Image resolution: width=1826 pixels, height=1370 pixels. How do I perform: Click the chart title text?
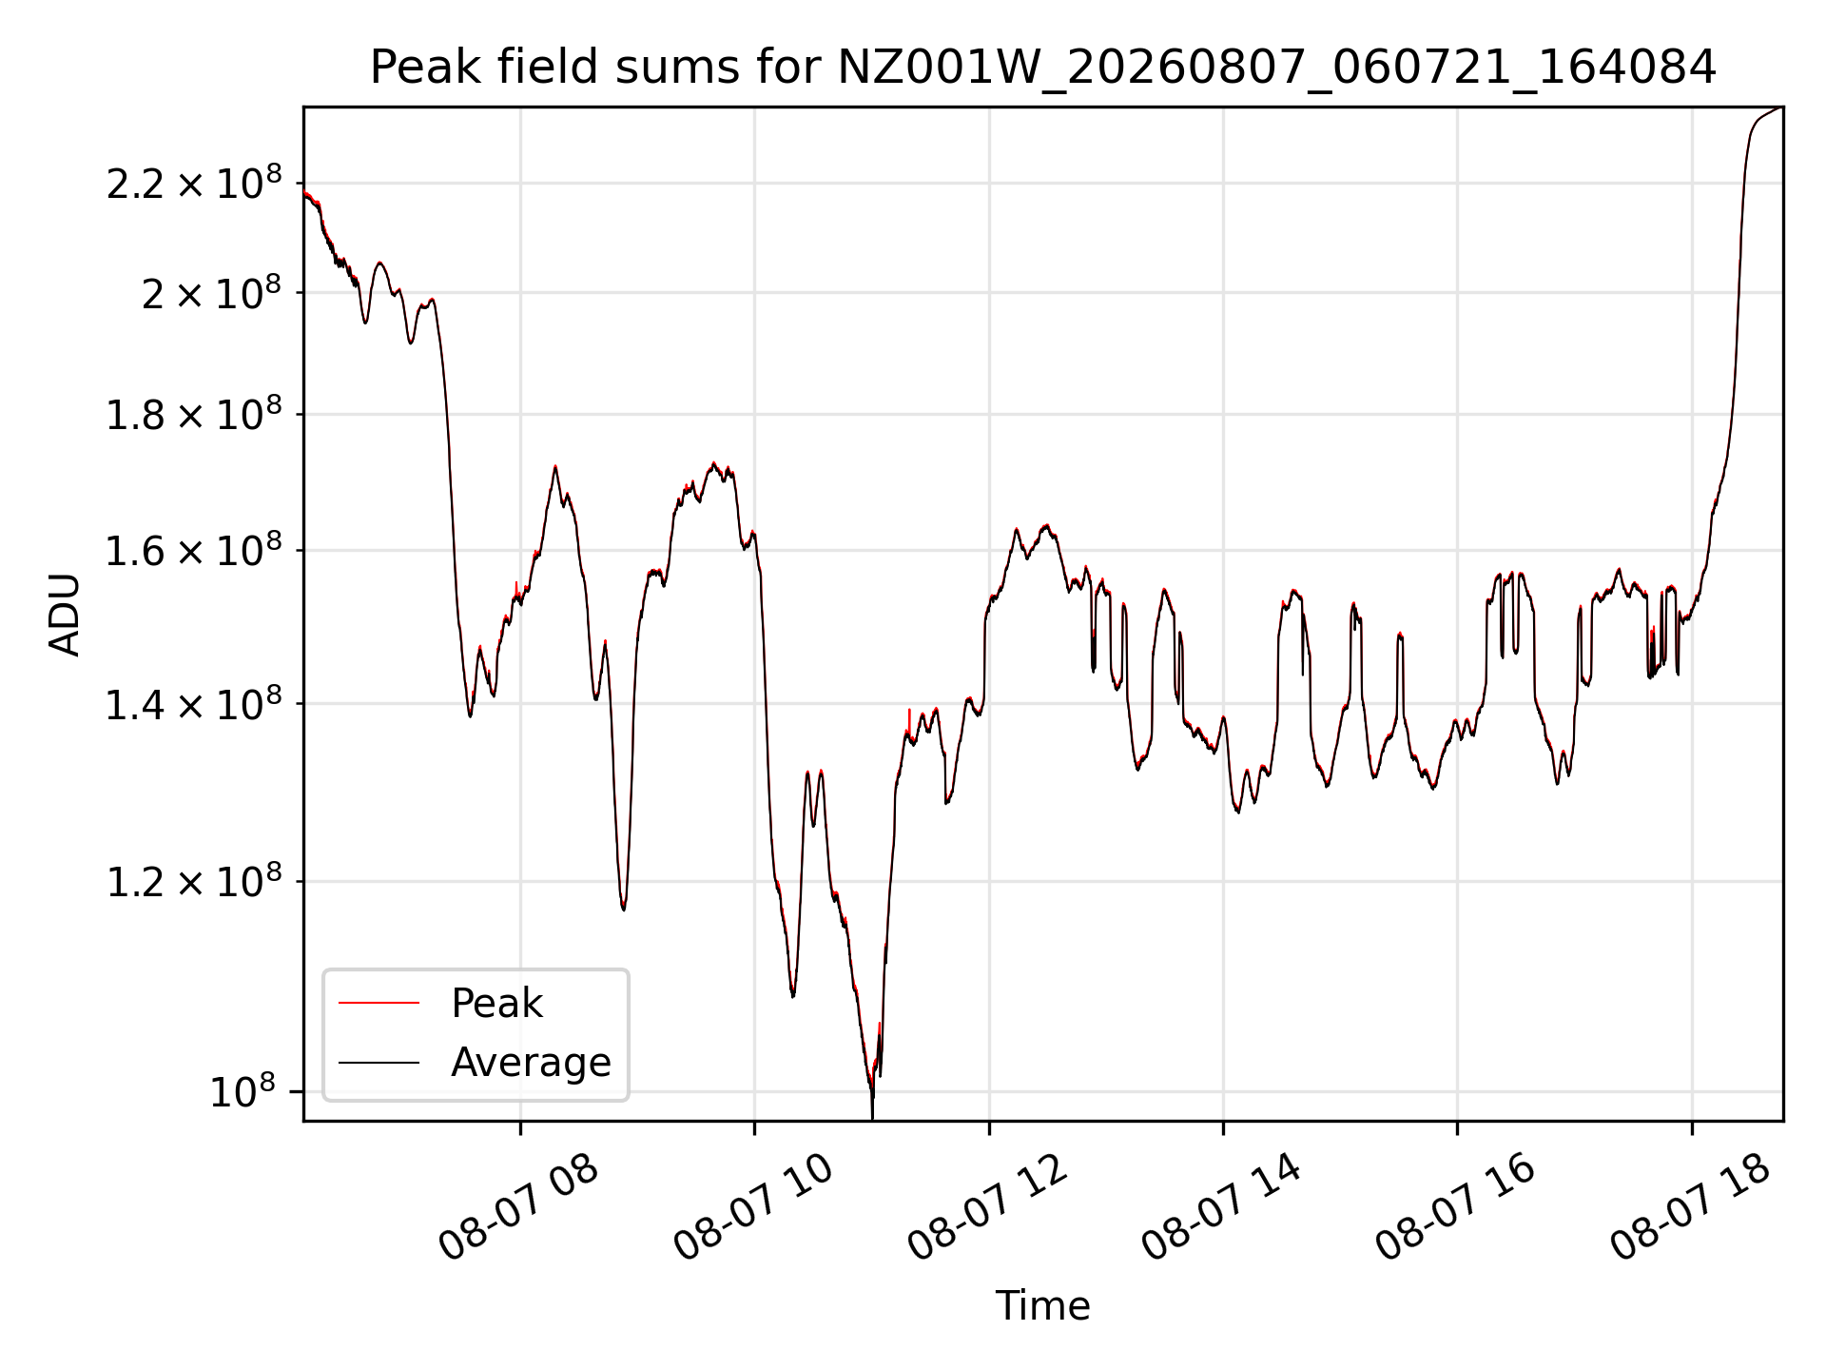1042,68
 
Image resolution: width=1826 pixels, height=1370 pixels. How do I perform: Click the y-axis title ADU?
65,615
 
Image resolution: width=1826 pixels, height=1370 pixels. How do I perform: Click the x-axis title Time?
1042,1305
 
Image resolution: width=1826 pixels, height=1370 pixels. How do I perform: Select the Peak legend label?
496,1004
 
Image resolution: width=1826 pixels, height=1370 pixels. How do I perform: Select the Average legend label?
531,1062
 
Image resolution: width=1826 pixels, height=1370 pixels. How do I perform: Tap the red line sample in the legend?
379,1003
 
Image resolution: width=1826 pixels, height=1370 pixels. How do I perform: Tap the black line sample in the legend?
379,1062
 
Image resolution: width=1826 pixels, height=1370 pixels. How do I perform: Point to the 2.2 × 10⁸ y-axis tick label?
194,183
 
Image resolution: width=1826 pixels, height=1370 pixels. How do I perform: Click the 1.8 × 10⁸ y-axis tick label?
194,414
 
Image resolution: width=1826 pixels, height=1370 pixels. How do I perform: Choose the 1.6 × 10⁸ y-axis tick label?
194,550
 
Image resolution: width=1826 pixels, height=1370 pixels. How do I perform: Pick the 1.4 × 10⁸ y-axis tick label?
194,704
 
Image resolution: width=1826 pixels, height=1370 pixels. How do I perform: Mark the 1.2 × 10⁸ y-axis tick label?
194,881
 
